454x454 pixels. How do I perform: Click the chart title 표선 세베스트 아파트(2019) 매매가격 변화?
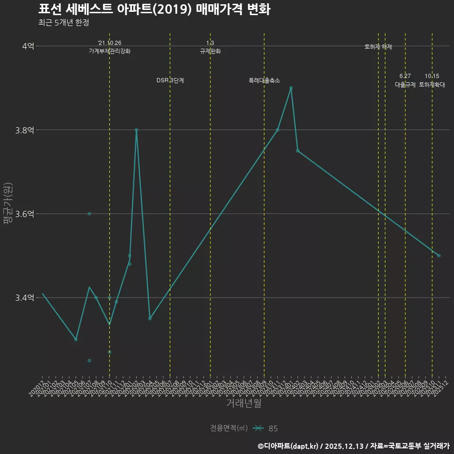pyautogui.click(x=154, y=9)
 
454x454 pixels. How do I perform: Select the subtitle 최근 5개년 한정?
pyautogui.click(x=63, y=23)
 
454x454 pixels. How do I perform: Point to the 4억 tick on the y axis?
pyautogui.click(x=28, y=46)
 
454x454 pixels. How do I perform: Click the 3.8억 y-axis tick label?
pyautogui.click(x=24, y=130)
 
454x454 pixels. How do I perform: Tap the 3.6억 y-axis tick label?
pyautogui.click(x=24, y=214)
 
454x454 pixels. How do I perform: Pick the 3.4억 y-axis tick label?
pyautogui.click(x=24, y=297)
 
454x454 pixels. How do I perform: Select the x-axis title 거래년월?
pyautogui.click(x=244, y=403)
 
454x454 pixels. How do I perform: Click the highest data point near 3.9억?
pyautogui.click(x=291, y=88)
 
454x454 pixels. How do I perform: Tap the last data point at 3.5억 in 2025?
pyautogui.click(x=439, y=255)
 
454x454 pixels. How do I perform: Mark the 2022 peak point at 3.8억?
pyautogui.click(x=136, y=130)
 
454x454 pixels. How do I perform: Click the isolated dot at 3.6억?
pyautogui.click(x=89, y=214)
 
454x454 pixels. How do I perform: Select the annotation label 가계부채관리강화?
pyautogui.click(x=110, y=51)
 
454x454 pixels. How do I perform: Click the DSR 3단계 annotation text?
pyautogui.click(x=170, y=81)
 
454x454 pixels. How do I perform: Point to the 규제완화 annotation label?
pyautogui.click(x=210, y=51)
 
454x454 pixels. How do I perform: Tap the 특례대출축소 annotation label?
pyautogui.click(x=264, y=81)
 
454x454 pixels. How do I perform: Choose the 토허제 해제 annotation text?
pyautogui.click(x=378, y=47)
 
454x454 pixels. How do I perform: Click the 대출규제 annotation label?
pyautogui.click(x=405, y=85)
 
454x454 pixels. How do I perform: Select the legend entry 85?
pyautogui.click(x=273, y=428)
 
